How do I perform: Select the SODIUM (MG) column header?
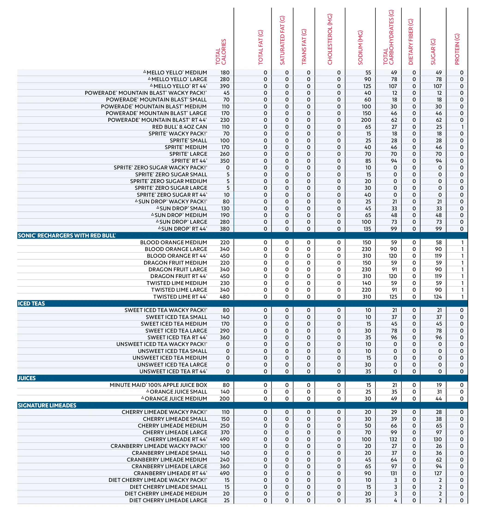[360, 47]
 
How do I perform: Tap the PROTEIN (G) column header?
[457, 49]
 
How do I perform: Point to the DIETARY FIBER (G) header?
[410, 42]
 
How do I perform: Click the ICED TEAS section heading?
[31, 303]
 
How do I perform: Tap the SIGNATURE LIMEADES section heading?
[47, 405]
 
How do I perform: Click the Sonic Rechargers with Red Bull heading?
[67, 236]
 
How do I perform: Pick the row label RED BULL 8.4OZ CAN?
[180, 127]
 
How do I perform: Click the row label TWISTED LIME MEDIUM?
[177, 283]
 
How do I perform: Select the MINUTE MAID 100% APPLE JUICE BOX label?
[158, 385]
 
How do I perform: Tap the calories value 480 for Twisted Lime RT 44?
[224, 297]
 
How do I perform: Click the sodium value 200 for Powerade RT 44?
[366, 120]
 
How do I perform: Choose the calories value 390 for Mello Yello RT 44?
[224, 86]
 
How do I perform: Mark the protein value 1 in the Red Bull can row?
[462, 127]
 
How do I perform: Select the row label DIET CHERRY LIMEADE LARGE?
[168, 500]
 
